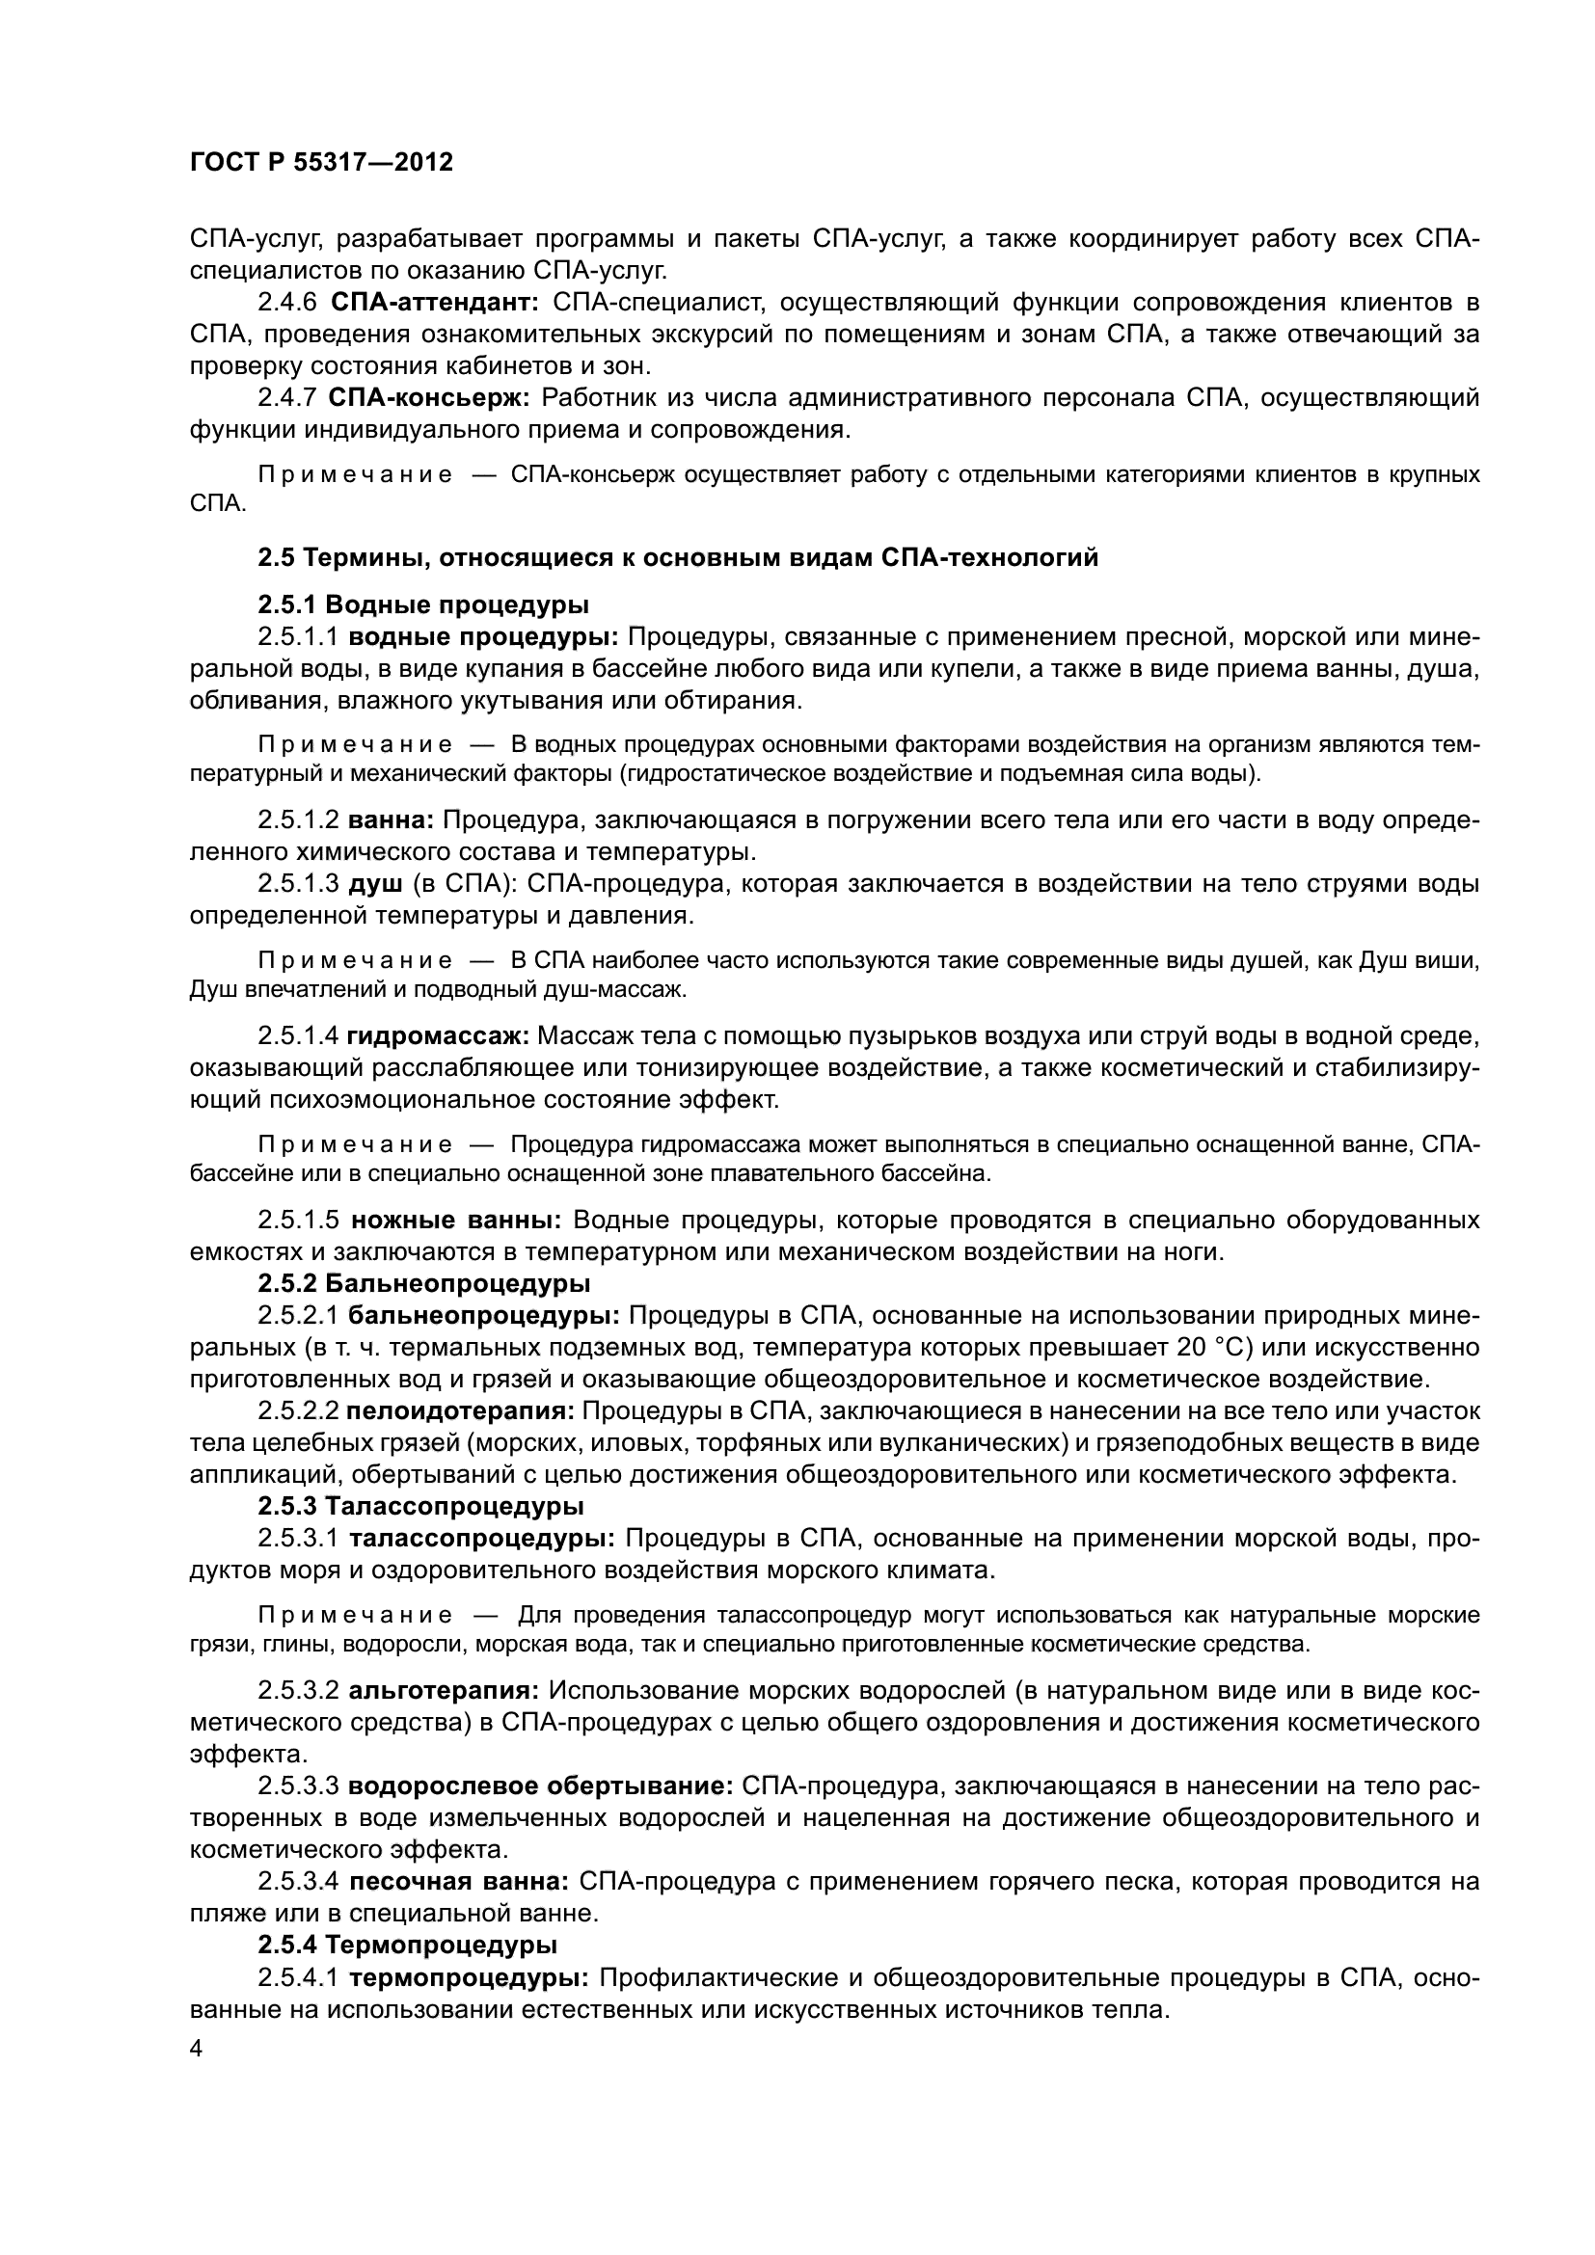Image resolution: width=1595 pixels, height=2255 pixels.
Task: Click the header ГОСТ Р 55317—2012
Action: click(x=321, y=162)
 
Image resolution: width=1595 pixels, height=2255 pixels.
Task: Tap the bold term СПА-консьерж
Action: click(x=429, y=398)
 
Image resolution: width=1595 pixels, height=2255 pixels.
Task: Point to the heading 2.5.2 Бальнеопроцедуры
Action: click(x=424, y=1283)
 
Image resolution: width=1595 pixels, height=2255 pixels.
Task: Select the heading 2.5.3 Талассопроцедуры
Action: click(x=421, y=1506)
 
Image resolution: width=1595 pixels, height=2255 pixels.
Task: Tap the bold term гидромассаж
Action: click(x=439, y=1036)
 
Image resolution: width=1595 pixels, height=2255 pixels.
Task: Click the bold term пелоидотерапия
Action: click(x=461, y=1411)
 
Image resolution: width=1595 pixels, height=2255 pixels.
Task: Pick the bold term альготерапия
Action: click(x=444, y=1691)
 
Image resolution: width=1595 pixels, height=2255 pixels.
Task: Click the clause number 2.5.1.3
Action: click(x=298, y=884)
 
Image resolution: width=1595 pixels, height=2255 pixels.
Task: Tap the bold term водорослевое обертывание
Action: click(x=541, y=1785)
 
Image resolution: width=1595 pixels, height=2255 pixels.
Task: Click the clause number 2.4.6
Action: click(x=287, y=303)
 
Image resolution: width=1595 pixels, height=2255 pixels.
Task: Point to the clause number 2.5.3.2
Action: click(x=298, y=1691)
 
